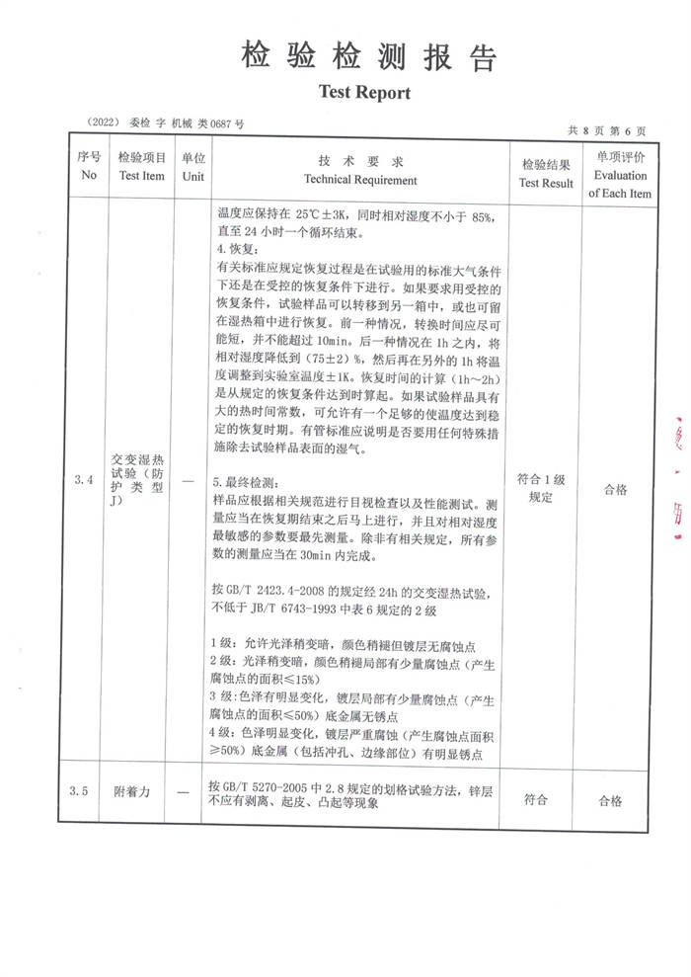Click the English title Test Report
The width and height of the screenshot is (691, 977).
363,92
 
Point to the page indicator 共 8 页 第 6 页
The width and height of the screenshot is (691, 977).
607,129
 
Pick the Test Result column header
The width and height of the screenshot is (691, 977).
546,174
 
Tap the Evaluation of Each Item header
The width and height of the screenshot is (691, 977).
620,175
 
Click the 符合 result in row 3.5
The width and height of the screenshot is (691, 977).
536,800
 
